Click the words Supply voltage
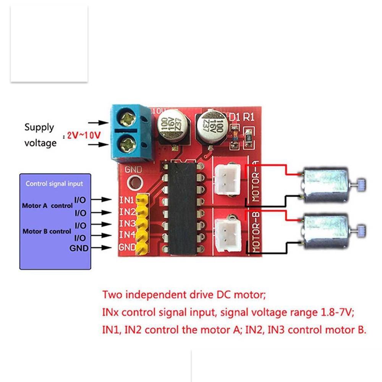(x=40, y=135)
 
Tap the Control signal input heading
(x=54, y=184)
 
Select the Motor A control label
(x=47, y=206)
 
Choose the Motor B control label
(x=47, y=231)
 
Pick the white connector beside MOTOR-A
(x=228, y=177)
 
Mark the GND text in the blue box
(x=79, y=248)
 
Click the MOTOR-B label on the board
(x=256, y=233)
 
